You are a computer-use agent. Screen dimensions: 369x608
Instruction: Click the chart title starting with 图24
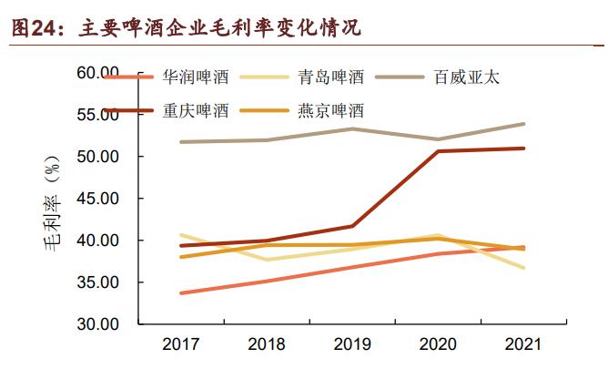(186, 27)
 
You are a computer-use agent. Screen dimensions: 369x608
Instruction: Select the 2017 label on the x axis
(180, 345)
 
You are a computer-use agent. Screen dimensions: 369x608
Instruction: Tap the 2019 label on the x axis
(352, 345)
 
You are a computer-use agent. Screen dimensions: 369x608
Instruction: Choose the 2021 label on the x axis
(523, 345)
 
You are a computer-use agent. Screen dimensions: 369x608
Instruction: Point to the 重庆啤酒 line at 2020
(438, 151)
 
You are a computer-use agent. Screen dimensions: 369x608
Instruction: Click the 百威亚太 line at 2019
(352, 128)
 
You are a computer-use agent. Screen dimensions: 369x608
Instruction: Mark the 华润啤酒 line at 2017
(180, 292)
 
